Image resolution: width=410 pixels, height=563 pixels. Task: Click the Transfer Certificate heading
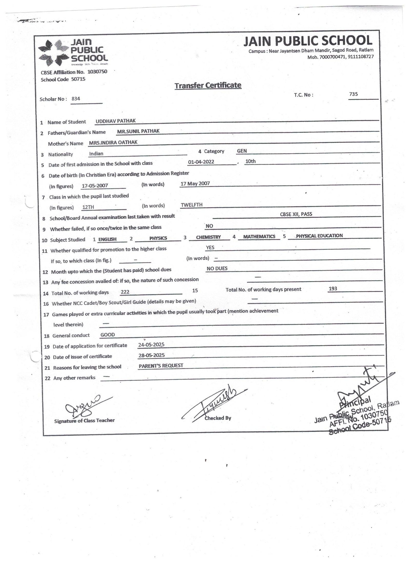coord(208,85)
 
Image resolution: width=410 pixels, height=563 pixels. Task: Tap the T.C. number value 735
coord(353,94)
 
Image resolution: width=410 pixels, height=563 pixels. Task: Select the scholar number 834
coord(76,99)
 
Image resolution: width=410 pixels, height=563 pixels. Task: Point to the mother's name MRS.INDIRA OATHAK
coord(113,143)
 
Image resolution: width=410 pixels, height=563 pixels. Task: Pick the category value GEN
coord(242,151)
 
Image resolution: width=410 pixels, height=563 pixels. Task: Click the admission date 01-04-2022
coord(201,162)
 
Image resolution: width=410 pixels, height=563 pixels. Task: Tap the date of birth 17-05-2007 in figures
coord(95,186)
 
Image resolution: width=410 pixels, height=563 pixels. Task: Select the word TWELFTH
coord(192,205)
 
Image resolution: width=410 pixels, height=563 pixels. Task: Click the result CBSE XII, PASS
coord(296,214)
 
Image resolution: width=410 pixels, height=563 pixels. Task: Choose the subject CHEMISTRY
coord(208,237)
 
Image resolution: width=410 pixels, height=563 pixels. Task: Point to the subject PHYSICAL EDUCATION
coord(319,236)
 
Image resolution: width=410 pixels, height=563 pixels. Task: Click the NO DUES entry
coord(217,268)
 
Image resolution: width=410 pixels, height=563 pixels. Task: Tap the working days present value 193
coord(333,289)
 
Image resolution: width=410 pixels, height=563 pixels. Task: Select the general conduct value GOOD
coord(108,335)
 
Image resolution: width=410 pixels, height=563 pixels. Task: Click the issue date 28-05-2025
coord(151,355)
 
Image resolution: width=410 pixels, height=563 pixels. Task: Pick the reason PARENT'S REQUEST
coord(161,366)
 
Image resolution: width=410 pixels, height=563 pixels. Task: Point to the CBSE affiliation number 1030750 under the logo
coord(97,72)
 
